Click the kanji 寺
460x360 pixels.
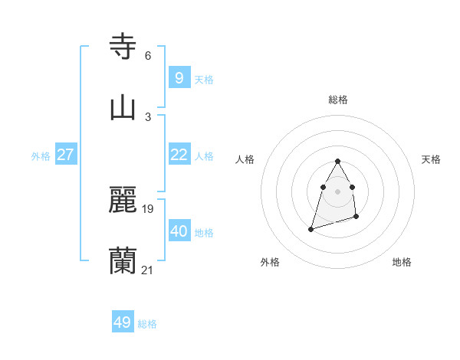coord(123,47)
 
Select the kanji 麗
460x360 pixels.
coord(123,200)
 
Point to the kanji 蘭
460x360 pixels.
coord(123,260)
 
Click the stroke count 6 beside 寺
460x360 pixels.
coord(148,56)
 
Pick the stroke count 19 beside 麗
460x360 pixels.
coord(148,209)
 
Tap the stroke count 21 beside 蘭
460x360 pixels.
coord(148,270)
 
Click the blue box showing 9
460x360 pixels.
coord(179,77)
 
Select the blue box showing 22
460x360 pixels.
coord(179,154)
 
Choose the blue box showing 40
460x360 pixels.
coord(179,231)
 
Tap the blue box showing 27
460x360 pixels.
coord(65,154)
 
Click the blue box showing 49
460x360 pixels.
coord(122,322)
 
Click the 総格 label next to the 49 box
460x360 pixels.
coord(147,324)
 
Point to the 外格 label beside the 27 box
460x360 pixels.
coord(41,156)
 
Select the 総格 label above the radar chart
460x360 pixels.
coord(338,100)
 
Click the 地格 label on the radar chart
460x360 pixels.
coord(402,262)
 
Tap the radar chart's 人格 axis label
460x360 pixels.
coord(245,159)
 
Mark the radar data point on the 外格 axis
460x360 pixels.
coord(310,229)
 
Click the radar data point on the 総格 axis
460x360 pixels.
coord(338,161)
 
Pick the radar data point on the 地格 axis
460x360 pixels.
coord(357,218)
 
